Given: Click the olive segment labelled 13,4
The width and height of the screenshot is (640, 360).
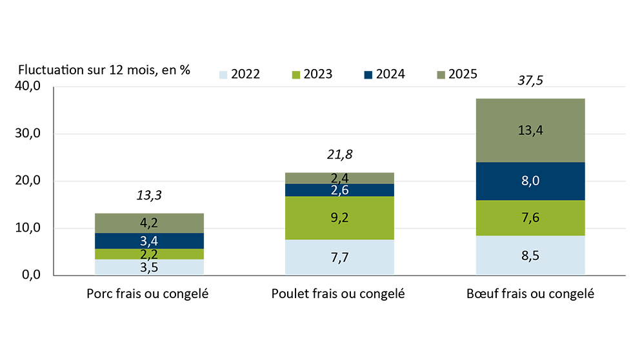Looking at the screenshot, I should (530, 130).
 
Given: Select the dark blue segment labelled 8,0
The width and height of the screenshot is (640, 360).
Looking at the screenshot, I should (530, 181).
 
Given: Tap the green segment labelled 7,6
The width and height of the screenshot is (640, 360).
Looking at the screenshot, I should (530, 218).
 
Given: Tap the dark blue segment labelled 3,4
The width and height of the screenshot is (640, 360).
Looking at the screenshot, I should (149, 241).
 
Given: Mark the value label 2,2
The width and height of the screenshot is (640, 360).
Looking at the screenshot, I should (149, 254).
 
